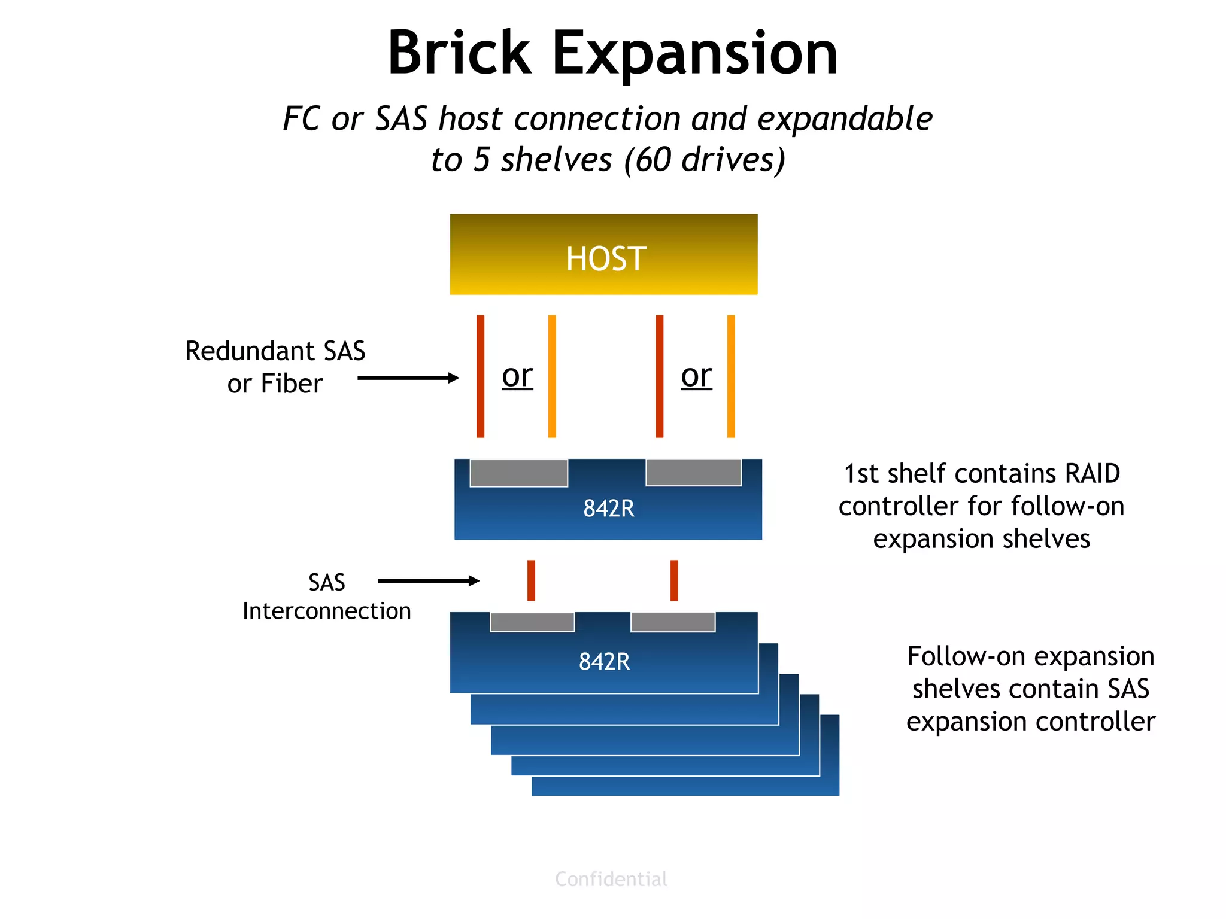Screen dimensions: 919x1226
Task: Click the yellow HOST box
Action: click(x=603, y=254)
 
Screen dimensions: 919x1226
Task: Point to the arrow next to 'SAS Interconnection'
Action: click(x=429, y=580)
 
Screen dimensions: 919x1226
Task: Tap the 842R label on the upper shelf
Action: click(x=608, y=509)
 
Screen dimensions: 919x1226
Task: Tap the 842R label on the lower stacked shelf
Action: click(x=604, y=662)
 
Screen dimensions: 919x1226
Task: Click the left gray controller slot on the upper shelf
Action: click(x=518, y=473)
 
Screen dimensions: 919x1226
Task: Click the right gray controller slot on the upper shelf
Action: click(x=693, y=472)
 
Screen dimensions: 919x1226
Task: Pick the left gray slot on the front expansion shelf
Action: click(x=532, y=622)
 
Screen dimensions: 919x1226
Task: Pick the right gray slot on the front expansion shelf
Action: click(x=673, y=622)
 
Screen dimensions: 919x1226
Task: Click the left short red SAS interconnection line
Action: click(x=531, y=580)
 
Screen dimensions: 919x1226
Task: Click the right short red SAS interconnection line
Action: click(x=674, y=580)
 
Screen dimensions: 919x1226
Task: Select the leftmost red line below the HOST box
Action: click(x=480, y=376)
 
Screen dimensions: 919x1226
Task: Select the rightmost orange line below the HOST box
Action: click(x=731, y=376)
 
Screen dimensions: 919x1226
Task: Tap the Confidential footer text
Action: click(x=611, y=879)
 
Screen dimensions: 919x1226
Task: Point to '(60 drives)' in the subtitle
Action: click(x=704, y=160)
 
